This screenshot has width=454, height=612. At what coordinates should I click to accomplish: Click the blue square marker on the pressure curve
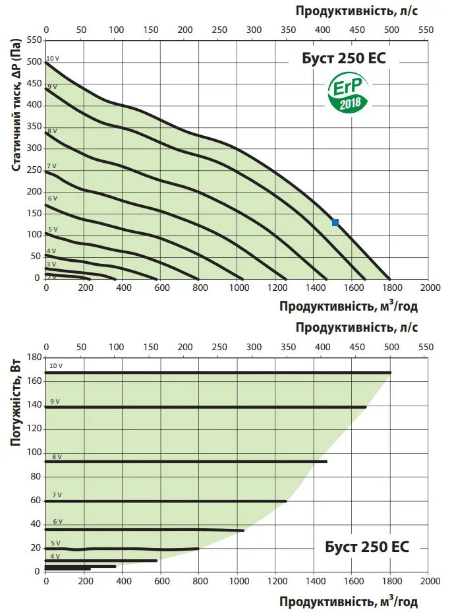(x=335, y=223)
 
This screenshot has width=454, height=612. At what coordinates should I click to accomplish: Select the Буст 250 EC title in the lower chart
(x=367, y=547)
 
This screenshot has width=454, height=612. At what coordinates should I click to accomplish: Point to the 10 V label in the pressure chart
(x=53, y=59)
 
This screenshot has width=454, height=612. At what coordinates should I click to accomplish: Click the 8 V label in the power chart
(x=57, y=456)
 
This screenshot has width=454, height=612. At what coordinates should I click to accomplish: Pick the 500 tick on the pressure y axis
(x=33, y=63)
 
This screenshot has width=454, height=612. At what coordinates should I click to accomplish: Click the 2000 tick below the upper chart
(x=429, y=288)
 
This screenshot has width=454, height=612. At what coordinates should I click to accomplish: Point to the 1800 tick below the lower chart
(x=390, y=581)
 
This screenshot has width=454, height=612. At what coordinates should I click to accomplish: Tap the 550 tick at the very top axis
(x=426, y=30)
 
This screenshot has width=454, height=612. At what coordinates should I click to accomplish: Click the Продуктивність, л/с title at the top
(x=356, y=11)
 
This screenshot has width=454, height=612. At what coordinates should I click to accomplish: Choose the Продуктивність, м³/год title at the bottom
(x=348, y=601)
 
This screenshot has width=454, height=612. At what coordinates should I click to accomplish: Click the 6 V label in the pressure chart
(x=53, y=199)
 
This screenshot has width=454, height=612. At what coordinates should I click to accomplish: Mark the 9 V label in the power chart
(x=55, y=402)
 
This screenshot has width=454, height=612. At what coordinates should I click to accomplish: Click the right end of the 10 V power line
(x=390, y=373)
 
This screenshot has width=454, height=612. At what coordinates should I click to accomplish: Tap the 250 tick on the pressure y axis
(x=33, y=170)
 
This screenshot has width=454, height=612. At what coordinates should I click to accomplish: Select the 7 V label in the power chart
(x=57, y=495)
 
